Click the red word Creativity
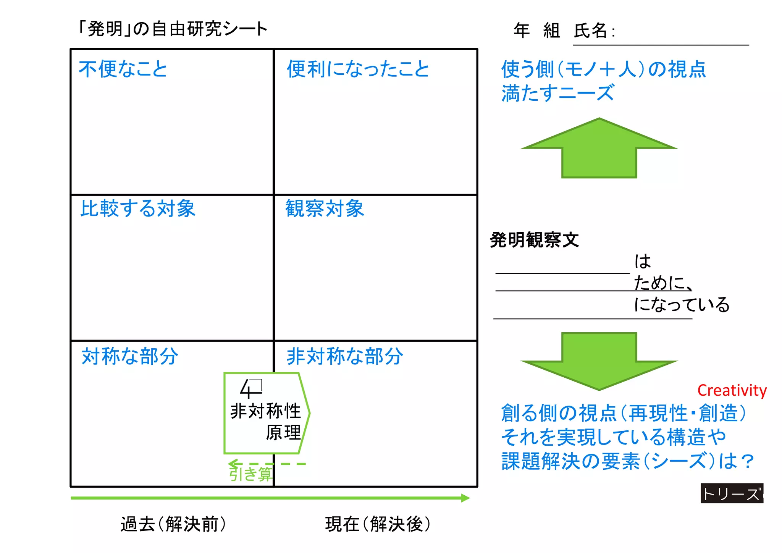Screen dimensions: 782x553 click(732, 390)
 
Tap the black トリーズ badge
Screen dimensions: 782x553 click(732, 493)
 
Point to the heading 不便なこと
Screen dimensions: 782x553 click(123, 69)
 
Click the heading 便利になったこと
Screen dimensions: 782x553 click(358, 69)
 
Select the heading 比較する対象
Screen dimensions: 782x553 click(137, 209)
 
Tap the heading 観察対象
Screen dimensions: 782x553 click(325, 209)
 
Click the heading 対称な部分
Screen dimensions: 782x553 click(130, 356)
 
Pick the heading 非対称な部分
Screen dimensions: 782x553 click(344, 356)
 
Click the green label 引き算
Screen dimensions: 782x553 click(250, 474)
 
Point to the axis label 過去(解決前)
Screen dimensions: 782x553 click(173, 524)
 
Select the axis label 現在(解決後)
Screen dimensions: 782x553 click(378, 524)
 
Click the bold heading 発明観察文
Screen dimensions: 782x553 click(534, 240)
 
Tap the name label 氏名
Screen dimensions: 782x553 click(590, 31)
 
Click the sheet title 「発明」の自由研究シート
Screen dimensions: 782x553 click(172, 29)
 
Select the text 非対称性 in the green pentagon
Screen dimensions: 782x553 click(265, 411)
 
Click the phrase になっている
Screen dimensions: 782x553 click(682, 305)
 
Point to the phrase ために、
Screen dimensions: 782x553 click(663, 283)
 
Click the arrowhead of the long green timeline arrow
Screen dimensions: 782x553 click(465, 498)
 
